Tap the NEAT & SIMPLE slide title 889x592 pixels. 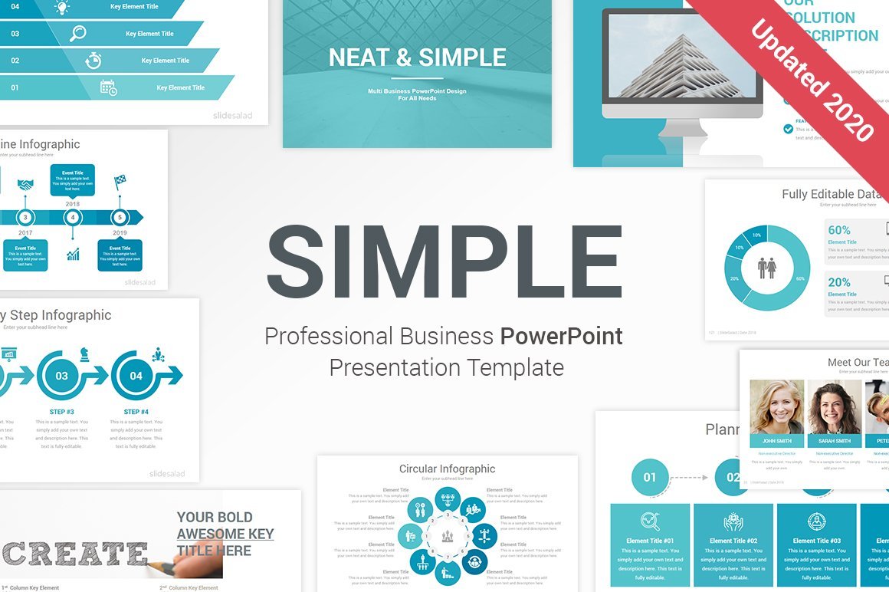pos(417,58)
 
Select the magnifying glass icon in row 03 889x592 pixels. pos(77,34)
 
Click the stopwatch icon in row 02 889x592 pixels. pos(93,61)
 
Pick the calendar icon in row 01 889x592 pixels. pos(108,87)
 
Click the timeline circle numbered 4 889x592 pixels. pos(73,218)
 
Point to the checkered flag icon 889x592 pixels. pos(120,183)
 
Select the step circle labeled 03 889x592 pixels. pos(61,376)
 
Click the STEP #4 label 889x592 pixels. pos(136,412)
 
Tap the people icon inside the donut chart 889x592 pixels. pos(766,268)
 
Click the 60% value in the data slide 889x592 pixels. pos(839,230)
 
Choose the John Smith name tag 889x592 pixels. pos(777,441)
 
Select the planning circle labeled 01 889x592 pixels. pos(649,477)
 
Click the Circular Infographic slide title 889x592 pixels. pos(447,469)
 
